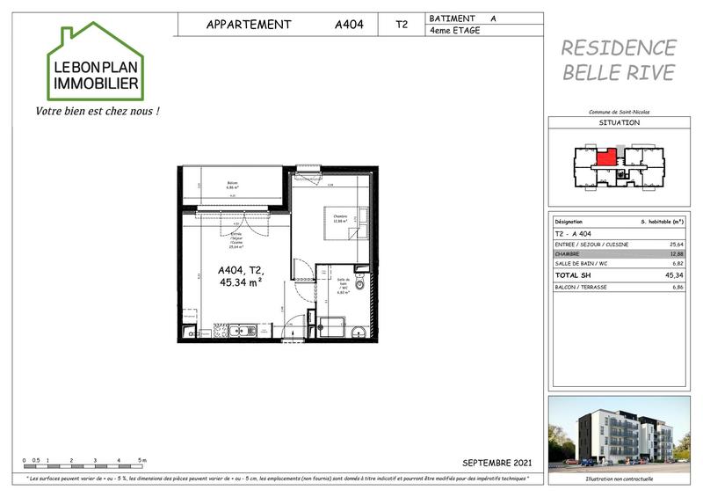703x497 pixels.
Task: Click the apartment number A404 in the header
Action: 351,25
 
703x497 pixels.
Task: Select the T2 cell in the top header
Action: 402,25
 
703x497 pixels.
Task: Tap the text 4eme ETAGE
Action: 455,31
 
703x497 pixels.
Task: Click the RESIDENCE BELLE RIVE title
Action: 619,60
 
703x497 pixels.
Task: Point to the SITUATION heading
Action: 619,123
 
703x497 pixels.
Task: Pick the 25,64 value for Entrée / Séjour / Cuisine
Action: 677,244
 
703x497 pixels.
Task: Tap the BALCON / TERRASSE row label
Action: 584,287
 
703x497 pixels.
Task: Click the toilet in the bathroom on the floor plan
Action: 359,284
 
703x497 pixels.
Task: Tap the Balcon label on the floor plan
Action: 233,183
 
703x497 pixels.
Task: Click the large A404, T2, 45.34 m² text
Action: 243,277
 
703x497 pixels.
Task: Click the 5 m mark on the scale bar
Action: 142,460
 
